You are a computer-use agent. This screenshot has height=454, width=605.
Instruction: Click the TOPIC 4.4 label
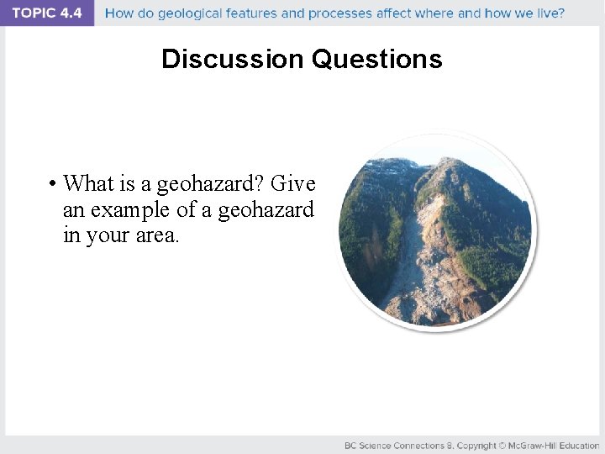point(46,13)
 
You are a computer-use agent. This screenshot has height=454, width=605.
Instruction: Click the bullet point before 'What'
point(52,183)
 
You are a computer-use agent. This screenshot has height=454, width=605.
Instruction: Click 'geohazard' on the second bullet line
point(266,209)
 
